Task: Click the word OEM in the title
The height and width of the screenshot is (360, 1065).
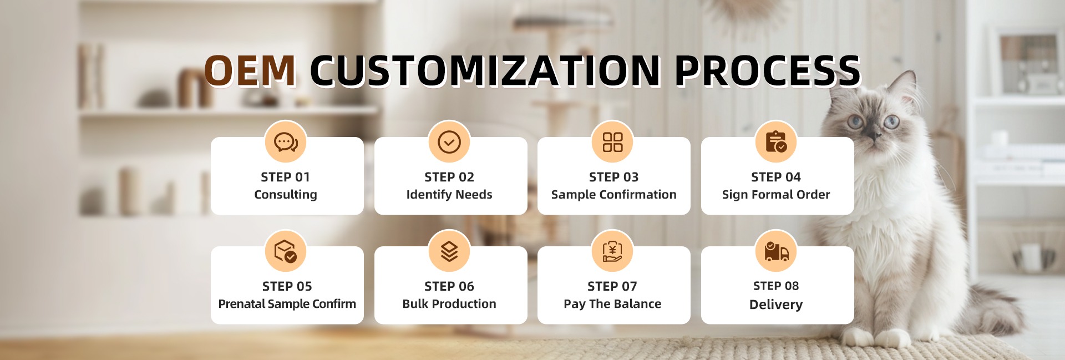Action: tap(250, 71)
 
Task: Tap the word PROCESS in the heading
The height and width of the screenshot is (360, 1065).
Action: tap(767, 71)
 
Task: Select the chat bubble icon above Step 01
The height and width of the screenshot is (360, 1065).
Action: tap(286, 142)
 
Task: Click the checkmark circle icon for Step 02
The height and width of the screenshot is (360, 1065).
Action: tap(449, 142)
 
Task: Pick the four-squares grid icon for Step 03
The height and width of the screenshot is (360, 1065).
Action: tap(613, 142)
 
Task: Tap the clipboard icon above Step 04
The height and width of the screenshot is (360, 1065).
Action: tap(776, 142)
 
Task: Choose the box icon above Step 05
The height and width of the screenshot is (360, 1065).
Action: tap(286, 251)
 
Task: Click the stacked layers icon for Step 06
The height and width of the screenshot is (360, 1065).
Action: tap(449, 251)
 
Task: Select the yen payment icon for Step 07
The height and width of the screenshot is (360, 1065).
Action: tap(613, 251)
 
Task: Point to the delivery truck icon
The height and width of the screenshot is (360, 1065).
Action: tap(776, 251)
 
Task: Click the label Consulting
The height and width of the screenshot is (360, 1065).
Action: tap(286, 195)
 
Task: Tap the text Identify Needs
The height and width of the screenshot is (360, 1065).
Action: tap(449, 195)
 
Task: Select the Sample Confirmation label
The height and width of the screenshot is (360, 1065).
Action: tap(613, 195)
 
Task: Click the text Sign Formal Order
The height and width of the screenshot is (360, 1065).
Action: tap(776, 195)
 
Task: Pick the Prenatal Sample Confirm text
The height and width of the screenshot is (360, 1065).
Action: tap(287, 304)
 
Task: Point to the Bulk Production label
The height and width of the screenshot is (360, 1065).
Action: tap(449, 304)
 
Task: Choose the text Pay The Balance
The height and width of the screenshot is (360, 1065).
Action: tap(612, 304)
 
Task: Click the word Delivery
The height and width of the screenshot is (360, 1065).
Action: tap(776, 305)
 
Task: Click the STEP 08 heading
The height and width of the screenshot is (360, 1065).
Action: tap(776, 286)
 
